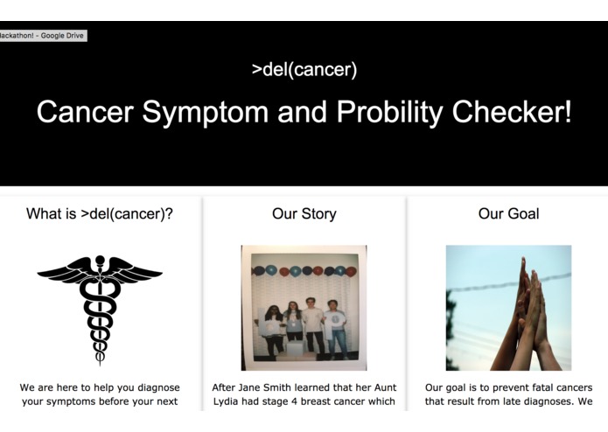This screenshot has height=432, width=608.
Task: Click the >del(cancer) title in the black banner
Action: pos(304,70)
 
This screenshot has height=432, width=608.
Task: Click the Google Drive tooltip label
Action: pos(43,36)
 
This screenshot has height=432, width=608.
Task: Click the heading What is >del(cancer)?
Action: pos(99,213)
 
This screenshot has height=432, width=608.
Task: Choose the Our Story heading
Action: pos(304,213)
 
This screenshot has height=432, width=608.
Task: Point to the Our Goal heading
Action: pos(508,213)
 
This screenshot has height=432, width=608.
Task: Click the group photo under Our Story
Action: pos(304,308)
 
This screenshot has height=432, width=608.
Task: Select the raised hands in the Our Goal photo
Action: pos(525,315)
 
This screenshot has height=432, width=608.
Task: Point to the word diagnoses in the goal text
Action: pos(544,402)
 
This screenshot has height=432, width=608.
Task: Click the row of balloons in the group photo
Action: pos(304,270)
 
